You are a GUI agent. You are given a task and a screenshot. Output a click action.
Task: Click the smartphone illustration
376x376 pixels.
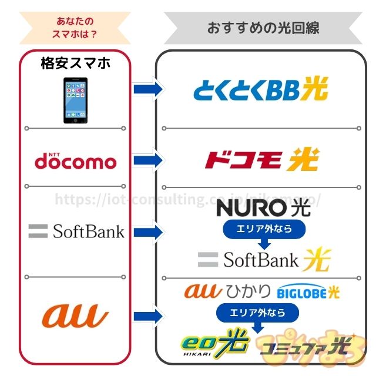(x=79, y=101)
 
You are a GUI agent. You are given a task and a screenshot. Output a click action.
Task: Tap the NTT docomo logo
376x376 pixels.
(x=75, y=160)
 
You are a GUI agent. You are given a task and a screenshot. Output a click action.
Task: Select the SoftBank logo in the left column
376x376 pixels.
(x=76, y=231)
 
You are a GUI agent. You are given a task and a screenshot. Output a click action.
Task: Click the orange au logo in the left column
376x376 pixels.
(x=75, y=315)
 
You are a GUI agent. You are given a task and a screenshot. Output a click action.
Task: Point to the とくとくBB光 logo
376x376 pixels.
(x=261, y=90)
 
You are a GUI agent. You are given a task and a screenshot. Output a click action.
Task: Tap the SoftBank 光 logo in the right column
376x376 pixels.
(x=264, y=259)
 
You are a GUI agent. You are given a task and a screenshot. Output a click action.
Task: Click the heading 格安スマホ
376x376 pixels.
(x=76, y=63)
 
